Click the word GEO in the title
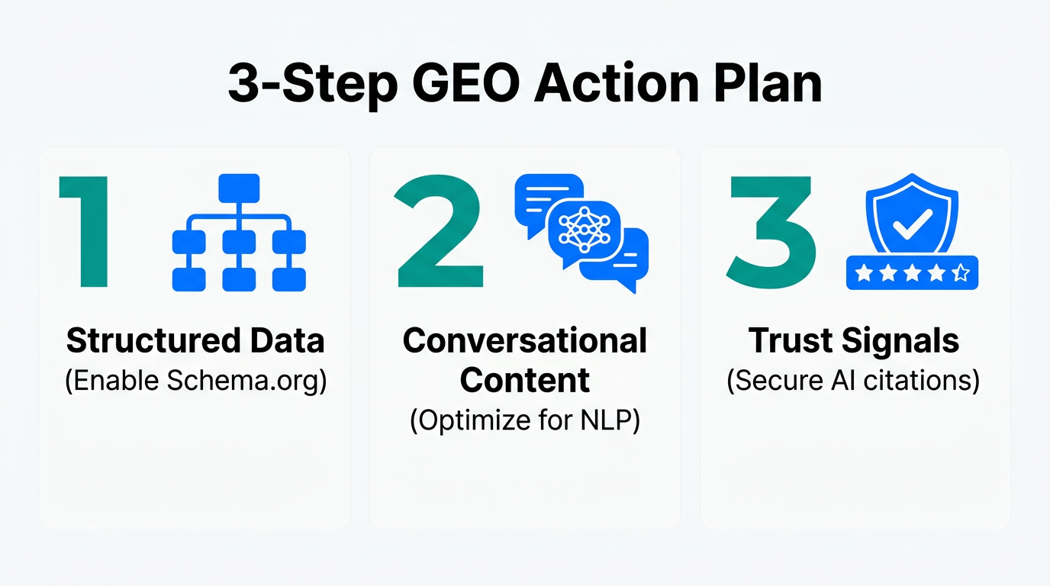[462, 84]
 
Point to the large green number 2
[440, 232]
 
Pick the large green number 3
[771, 232]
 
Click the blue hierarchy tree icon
[239, 232]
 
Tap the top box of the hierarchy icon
[239, 188]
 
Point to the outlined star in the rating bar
[961, 272]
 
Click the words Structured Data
[195, 340]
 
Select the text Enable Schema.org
[195, 380]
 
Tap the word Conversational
[525, 340]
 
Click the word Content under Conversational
[525, 380]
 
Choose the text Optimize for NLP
[525, 420]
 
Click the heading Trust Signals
[853, 340]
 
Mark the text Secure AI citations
[853, 380]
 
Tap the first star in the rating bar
[863, 272]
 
